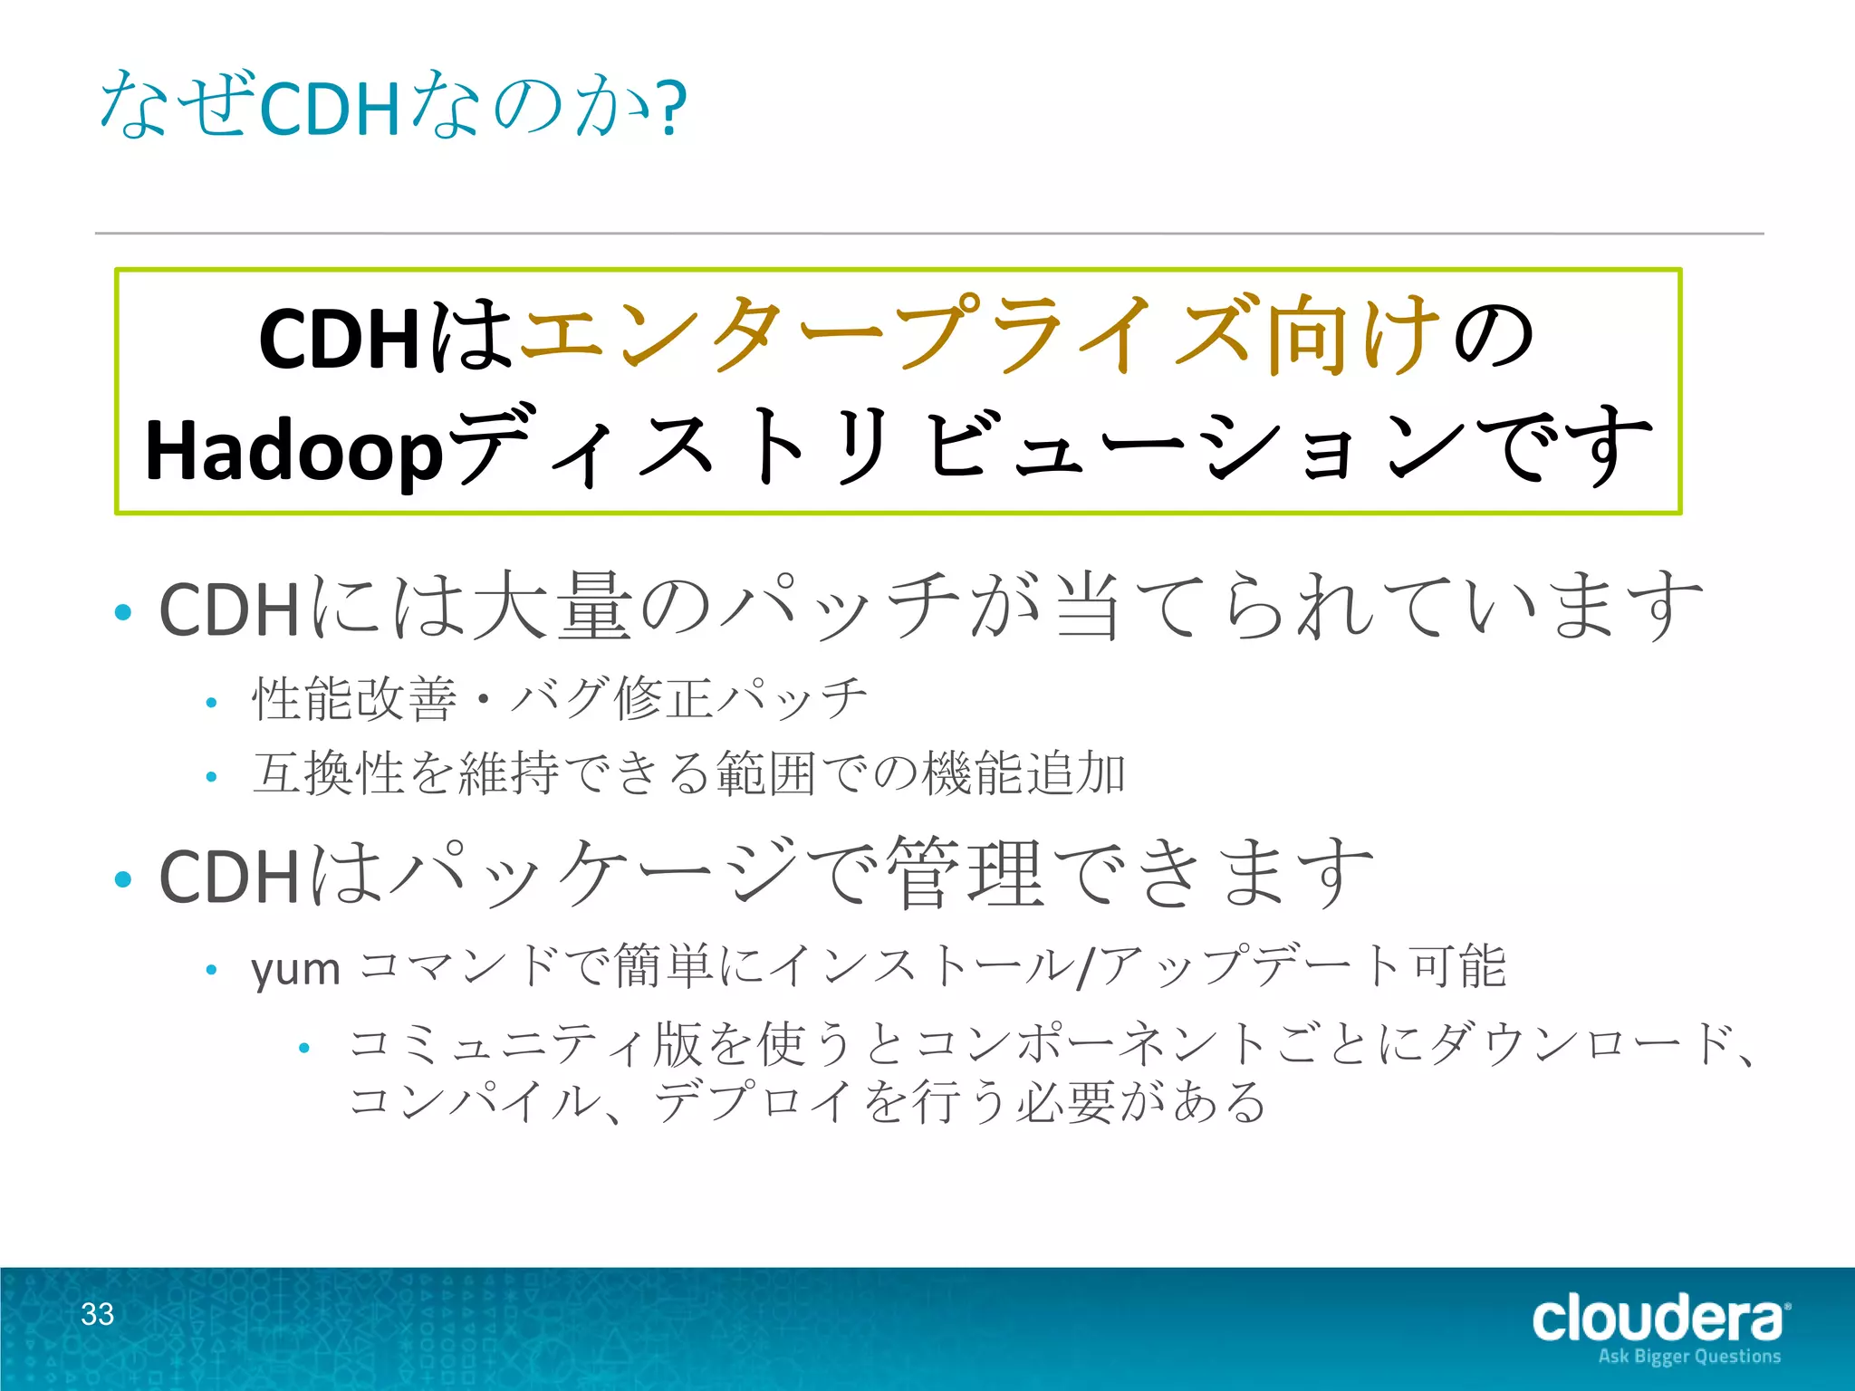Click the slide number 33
[98, 1313]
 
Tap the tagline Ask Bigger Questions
[1689, 1357]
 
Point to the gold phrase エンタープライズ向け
[978, 334]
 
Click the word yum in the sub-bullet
[295, 969]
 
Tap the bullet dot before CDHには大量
[124, 612]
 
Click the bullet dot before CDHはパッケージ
[124, 878]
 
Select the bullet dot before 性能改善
[211, 702]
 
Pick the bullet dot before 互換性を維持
[211, 776]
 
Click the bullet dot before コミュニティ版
[304, 1048]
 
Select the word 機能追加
[1024, 773]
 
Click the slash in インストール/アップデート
[1085, 967]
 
